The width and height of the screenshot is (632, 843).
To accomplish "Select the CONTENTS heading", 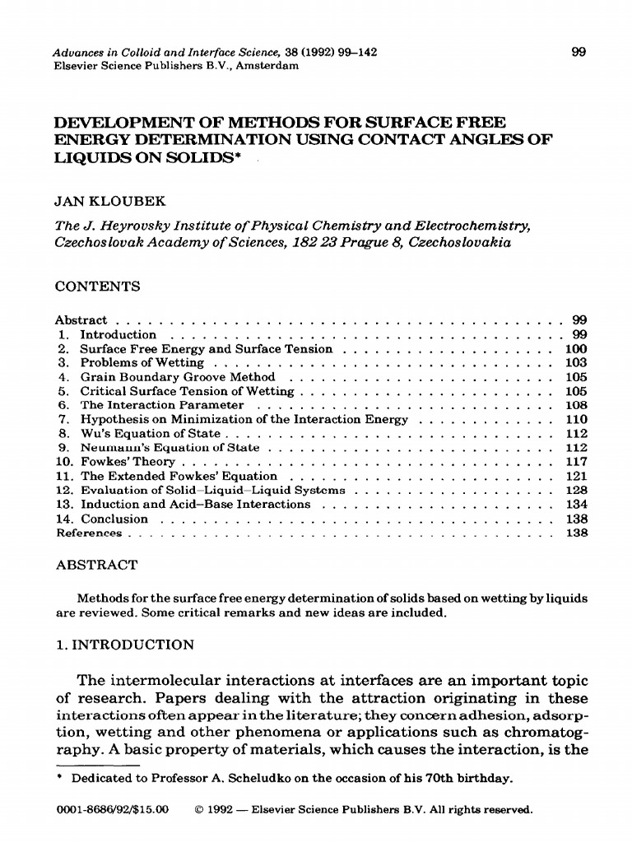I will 97,286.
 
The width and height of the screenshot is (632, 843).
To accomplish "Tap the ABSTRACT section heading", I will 96,566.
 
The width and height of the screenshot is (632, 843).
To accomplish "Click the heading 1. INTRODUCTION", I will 124,645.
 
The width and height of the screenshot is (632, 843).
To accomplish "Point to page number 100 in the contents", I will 576,349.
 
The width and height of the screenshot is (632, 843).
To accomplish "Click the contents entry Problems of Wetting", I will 142,363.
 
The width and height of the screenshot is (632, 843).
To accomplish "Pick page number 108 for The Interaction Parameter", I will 576,405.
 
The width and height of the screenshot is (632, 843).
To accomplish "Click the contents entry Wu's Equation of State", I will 150,433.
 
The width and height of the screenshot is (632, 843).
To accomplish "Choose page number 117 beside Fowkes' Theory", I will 576,462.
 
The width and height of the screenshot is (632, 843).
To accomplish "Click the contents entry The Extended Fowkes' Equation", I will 179,476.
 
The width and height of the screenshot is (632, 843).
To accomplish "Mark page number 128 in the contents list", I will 576,490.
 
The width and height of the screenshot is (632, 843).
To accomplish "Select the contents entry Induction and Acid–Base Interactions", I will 195,504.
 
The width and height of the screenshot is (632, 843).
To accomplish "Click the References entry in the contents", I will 88,533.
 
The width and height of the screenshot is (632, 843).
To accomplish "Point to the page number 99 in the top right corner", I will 579,53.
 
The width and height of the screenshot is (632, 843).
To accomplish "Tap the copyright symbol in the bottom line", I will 198,809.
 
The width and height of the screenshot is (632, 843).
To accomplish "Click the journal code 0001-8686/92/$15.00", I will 111,809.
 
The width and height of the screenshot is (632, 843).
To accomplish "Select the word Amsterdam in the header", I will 267,66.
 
